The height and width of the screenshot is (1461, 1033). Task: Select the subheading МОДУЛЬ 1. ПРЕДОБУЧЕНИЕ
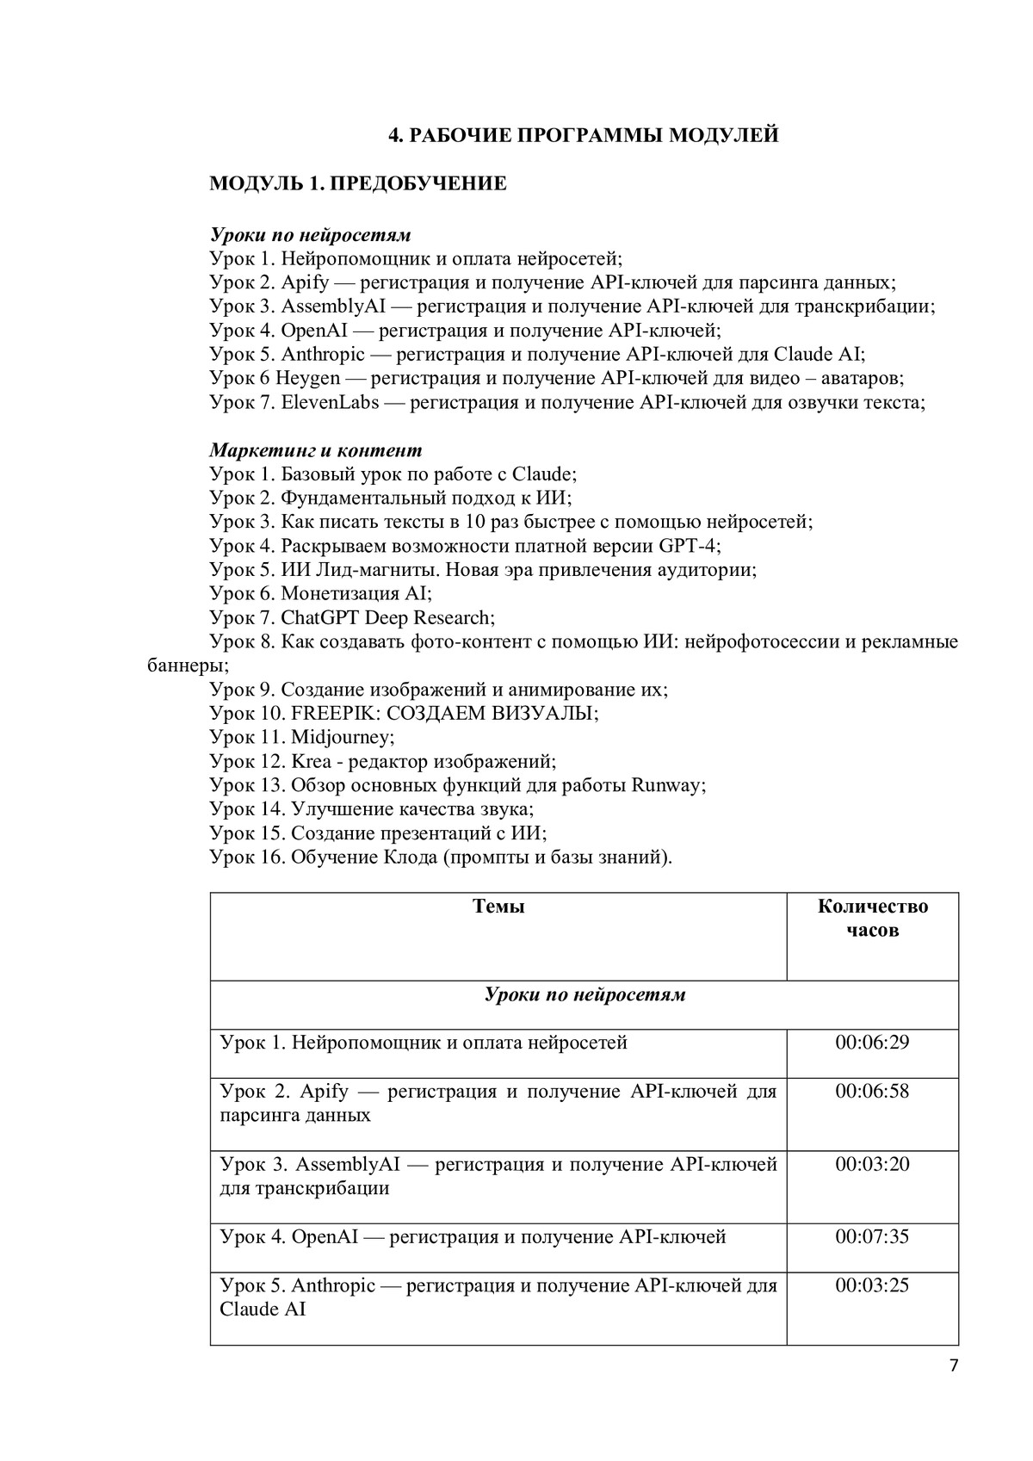[x=358, y=183]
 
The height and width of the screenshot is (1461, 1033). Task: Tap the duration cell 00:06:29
[x=872, y=1043]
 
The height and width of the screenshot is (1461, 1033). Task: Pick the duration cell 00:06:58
[x=872, y=1091]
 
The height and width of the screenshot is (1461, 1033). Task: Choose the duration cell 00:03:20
[x=872, y=1164]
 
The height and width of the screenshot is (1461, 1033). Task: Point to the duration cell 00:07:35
[x=872, y=1236]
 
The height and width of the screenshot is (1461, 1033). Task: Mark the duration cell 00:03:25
[x=872, y=1285]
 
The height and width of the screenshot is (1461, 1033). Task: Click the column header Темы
[x=498, y=907]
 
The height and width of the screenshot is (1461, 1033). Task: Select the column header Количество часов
[x=872, y=918]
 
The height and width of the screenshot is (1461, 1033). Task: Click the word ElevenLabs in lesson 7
[x=330, y=402]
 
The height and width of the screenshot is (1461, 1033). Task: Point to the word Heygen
[x=308, y=378]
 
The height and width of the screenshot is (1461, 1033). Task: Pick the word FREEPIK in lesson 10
[x=328, y=713]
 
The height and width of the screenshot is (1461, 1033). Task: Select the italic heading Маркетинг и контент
[x=316, y=450]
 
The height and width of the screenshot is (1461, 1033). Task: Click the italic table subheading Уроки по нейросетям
[x=585, y=994]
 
